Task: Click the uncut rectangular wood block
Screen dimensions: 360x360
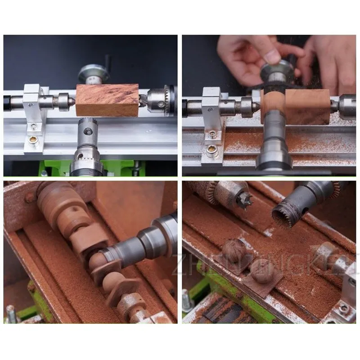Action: (107, 99)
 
